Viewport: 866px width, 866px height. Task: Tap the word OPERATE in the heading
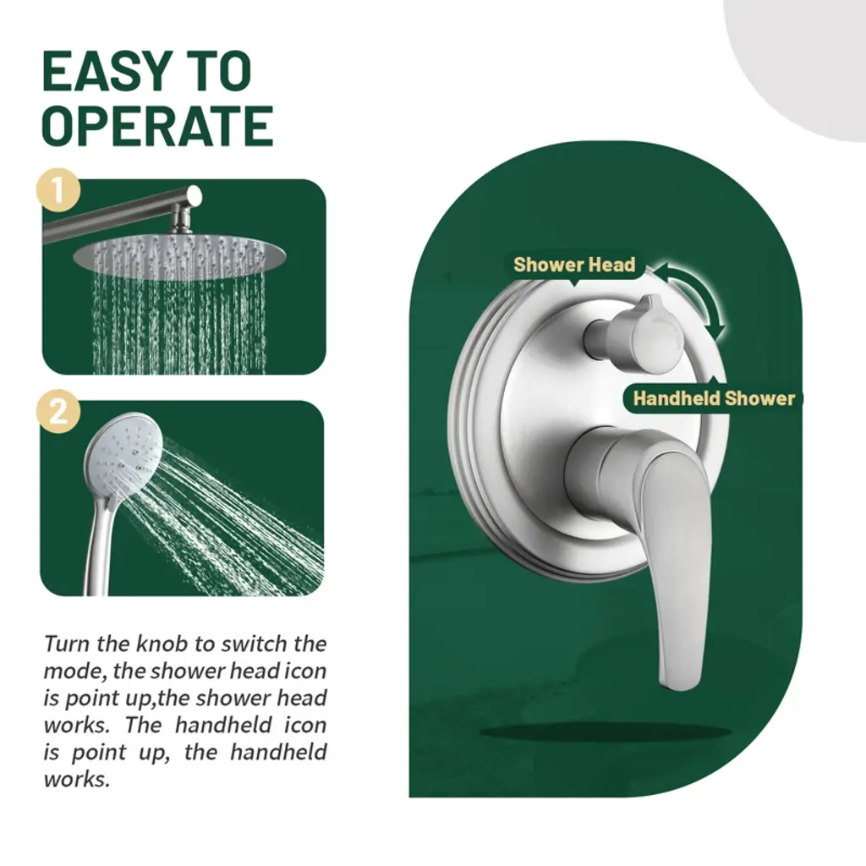(158, 126)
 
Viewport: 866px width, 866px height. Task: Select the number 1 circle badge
(58, 190)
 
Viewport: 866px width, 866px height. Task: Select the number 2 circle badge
(58, 412)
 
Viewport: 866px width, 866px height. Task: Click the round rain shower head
(179, 256)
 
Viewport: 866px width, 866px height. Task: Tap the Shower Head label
(574, 265)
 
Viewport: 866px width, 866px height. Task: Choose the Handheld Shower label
(714, 398)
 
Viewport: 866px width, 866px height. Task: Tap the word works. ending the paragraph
(77, 779)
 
